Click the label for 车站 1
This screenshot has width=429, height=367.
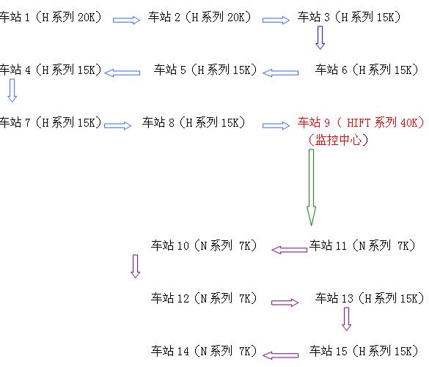51,17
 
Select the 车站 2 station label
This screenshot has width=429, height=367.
199,17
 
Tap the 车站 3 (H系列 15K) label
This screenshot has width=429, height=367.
349,17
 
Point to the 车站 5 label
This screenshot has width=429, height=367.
205,70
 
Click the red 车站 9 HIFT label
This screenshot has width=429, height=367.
361,122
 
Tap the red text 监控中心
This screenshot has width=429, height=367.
338,140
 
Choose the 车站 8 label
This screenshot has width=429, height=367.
194,122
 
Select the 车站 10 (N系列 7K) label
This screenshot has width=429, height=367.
204,245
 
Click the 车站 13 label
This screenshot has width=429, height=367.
370,298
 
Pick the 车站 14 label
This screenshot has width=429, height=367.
204,351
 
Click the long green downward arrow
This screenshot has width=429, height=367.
311,188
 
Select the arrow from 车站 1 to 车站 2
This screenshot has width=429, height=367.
126,20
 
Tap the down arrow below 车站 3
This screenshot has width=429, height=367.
320,37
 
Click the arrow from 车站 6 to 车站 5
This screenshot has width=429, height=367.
280,73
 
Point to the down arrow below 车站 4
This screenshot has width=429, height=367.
12,90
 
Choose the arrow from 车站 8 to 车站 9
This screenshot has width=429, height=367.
276,125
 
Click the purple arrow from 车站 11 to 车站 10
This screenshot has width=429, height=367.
289,250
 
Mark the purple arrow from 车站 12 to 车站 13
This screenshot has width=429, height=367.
285,303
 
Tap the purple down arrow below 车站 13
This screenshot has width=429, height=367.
346,319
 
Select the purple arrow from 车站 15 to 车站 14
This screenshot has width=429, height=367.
280,355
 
